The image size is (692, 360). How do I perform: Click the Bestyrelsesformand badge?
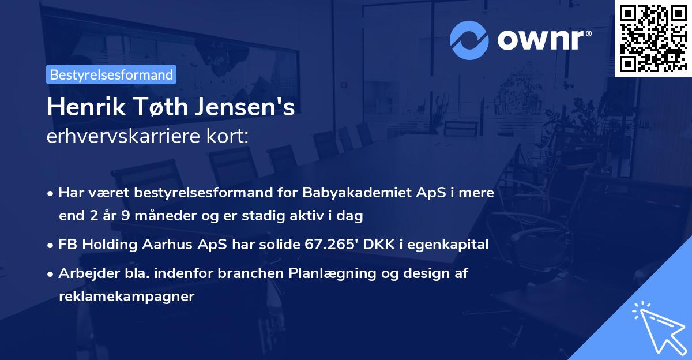[x=111, y=74]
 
